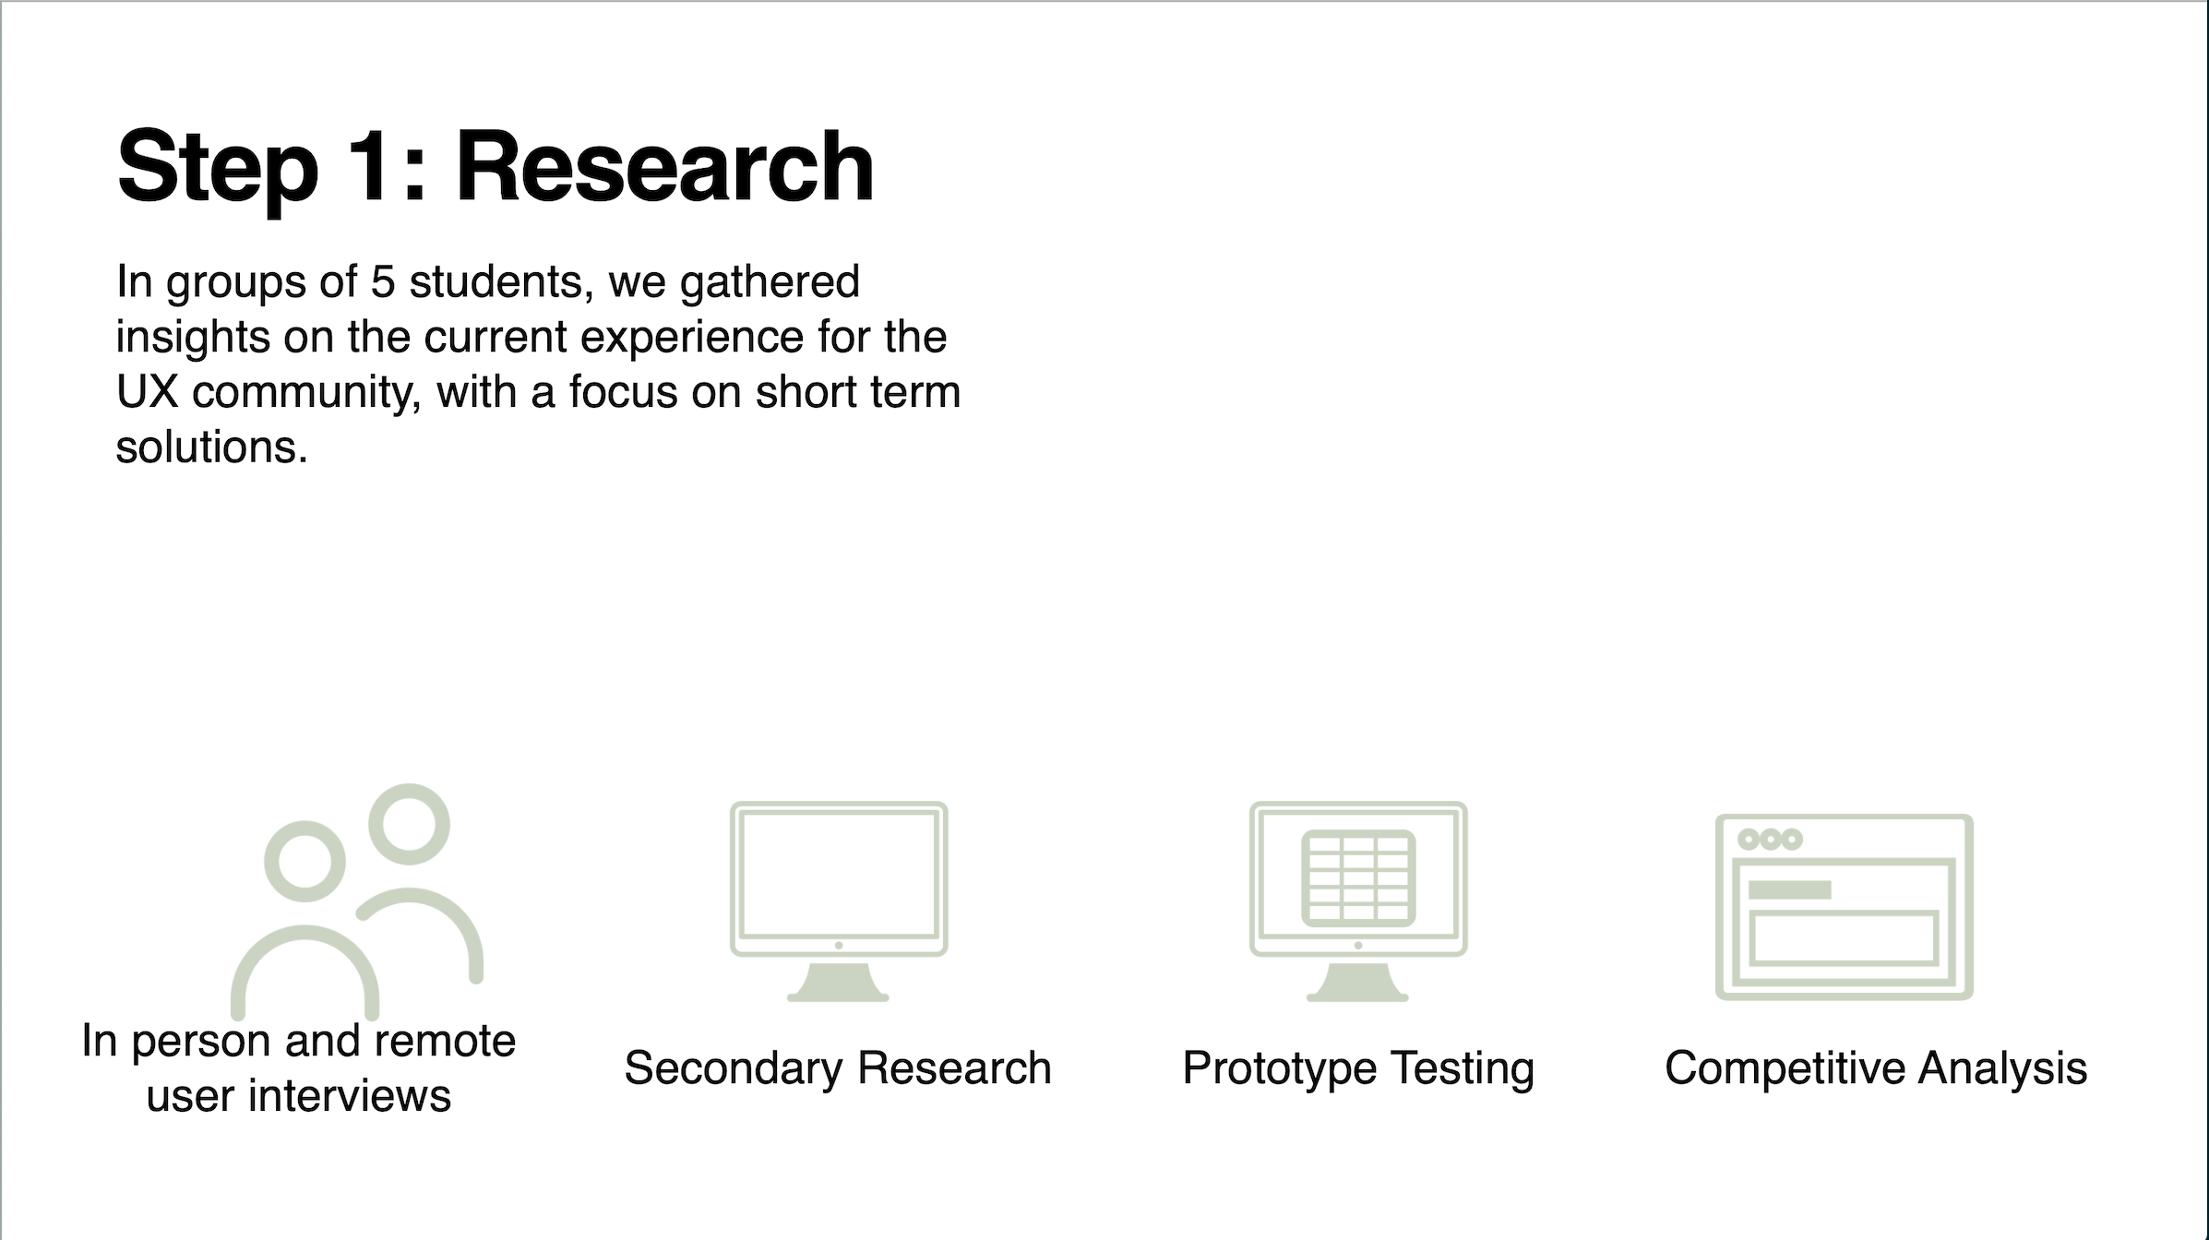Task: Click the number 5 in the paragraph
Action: (382, 281)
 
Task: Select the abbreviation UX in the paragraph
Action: (147, 392)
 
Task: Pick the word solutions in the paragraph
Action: (211, 447)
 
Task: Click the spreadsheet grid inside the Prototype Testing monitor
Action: (1358, 878)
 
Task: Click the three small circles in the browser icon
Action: (1770, 840)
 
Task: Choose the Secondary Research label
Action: (838, 1068)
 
